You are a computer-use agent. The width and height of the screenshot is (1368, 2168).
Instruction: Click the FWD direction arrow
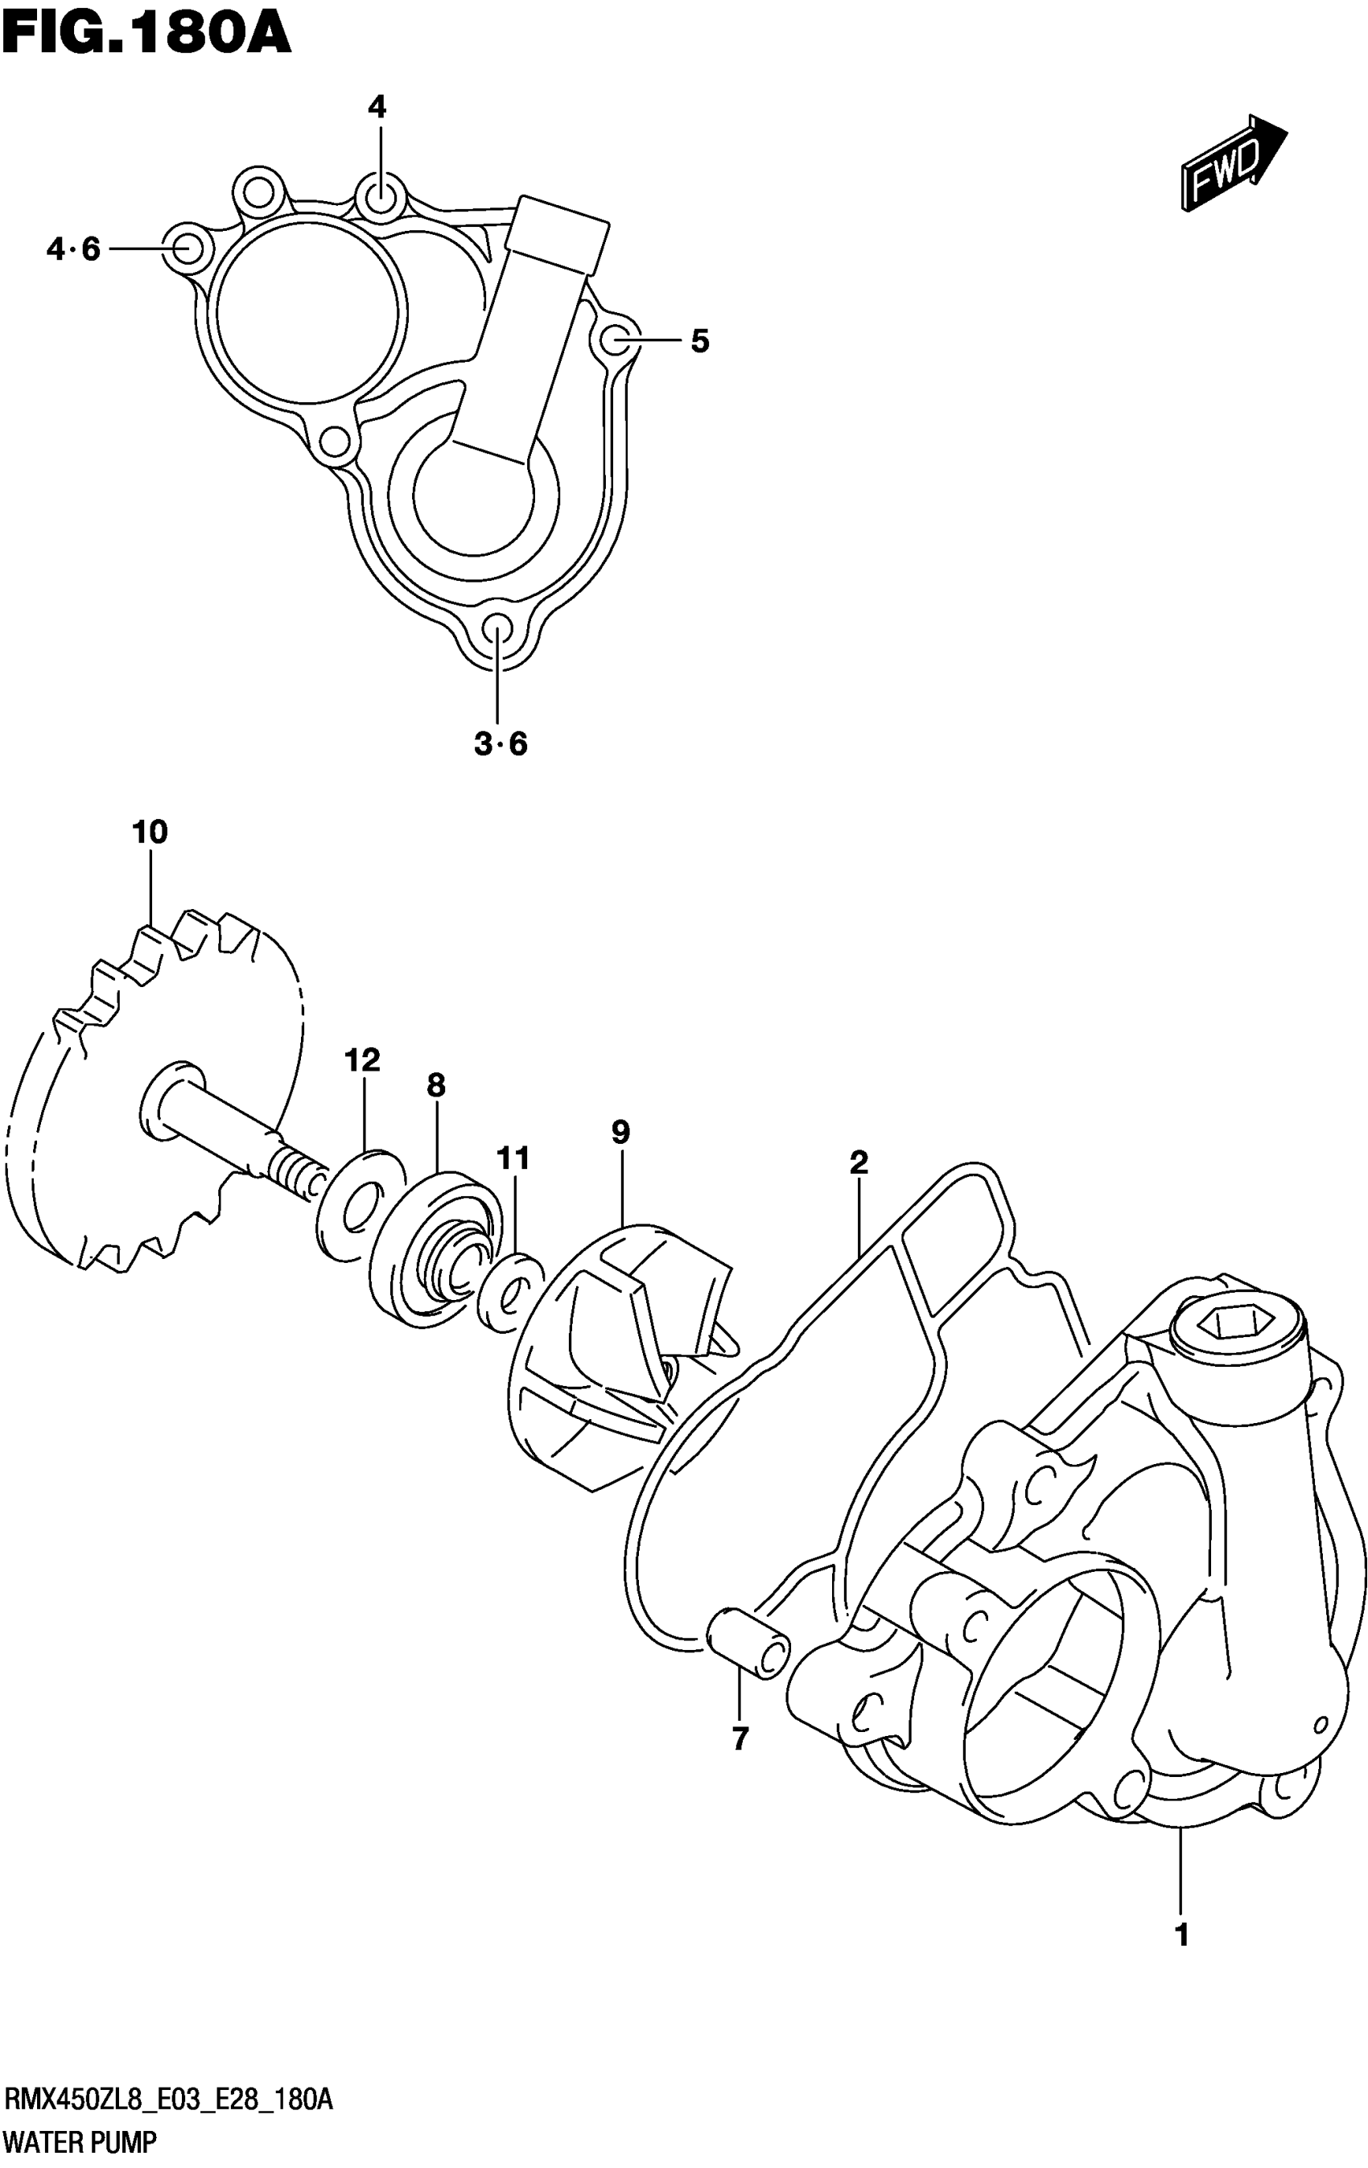click(x=1233, y=165)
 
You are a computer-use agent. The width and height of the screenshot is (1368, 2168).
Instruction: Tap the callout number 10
click(x=150, y=832)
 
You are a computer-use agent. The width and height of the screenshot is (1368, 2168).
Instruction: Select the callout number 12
click(x=362, y=1059)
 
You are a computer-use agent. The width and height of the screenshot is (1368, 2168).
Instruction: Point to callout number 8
click(x=436, y=1085)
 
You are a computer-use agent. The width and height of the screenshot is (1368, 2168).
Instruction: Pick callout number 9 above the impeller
click(x=620, y=1132)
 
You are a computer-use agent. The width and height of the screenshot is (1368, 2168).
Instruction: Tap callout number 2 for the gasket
click(x=859, y=1162)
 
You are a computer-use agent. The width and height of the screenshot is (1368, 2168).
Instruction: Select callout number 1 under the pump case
click(x=1181, y=1934)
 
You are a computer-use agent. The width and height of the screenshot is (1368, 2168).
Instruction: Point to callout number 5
click(x=700, y=341)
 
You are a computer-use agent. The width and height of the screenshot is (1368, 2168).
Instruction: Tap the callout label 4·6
click(x=74, y=249)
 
